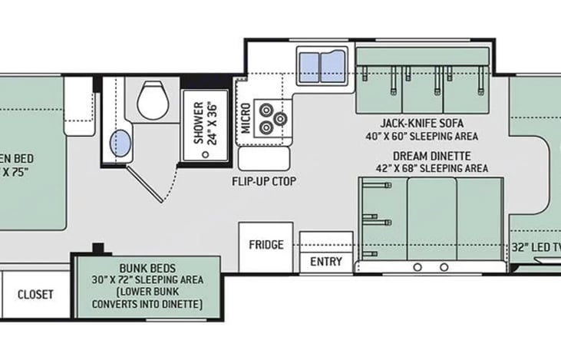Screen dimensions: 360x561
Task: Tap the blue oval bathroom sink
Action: click(121, 142)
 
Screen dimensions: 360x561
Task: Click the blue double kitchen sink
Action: click(321, 61)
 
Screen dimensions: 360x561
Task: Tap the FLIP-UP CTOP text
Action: click(264, 182)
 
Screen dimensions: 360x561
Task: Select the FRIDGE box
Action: click(266, 245)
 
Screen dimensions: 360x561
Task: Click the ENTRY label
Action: click(325, 262)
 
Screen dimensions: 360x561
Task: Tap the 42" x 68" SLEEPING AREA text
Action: click(433, 168)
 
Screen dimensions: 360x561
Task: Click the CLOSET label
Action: click(35, 294)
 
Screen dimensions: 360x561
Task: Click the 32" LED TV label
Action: click(536, 247)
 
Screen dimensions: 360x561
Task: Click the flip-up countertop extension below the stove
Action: click(264, 159)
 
